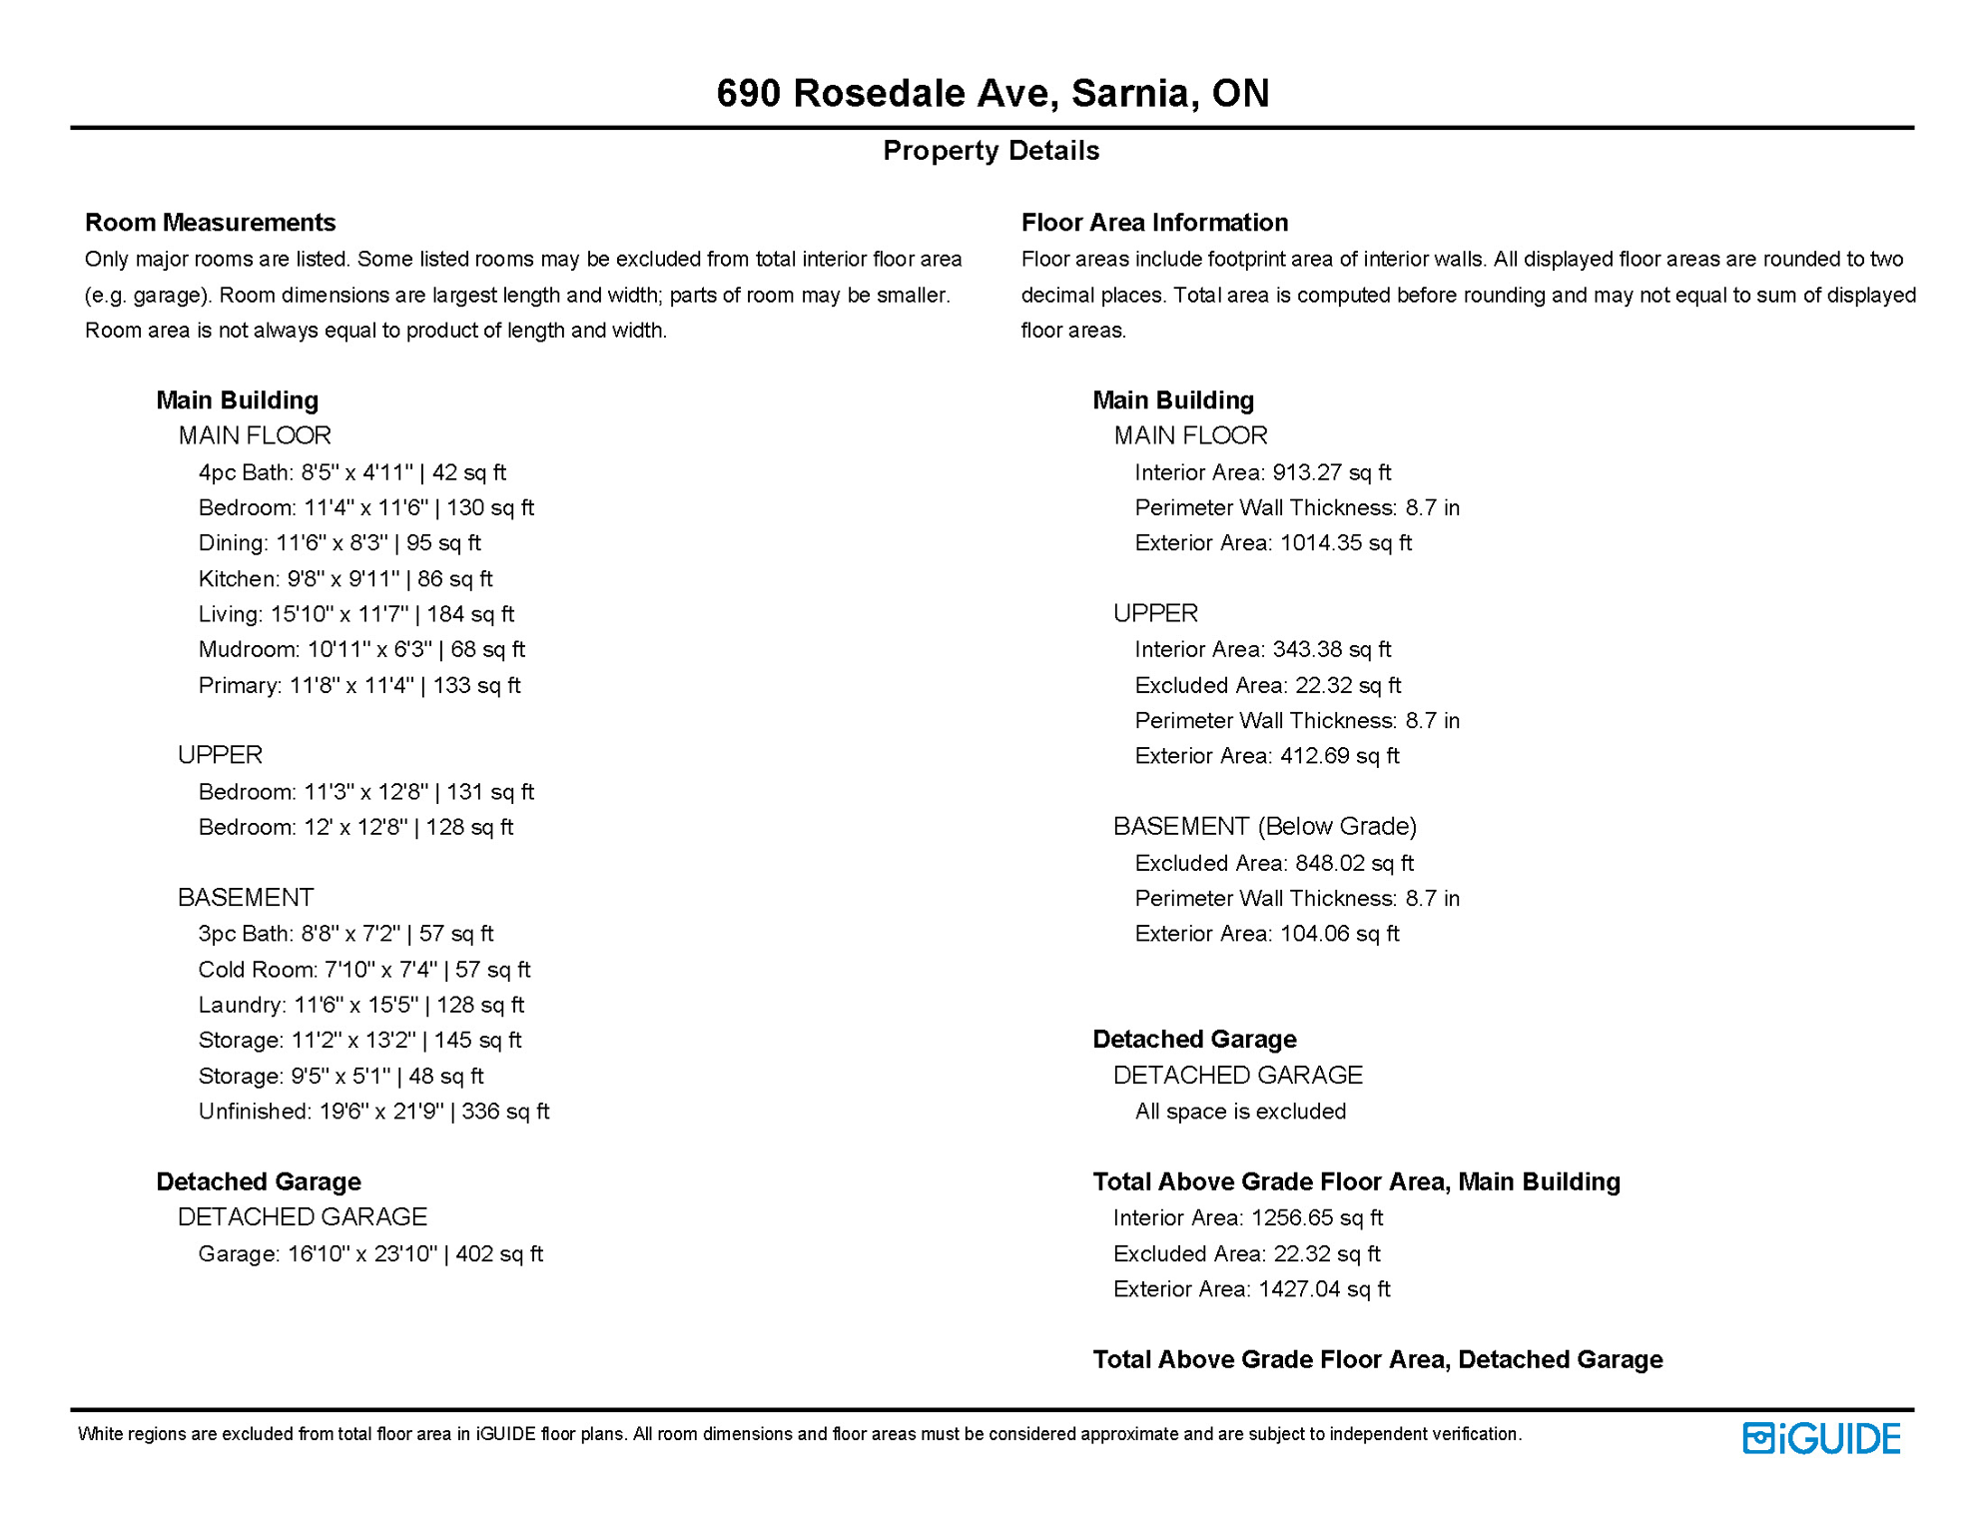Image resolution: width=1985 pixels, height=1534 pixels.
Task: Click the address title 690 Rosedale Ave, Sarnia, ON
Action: click(x=992, y=93)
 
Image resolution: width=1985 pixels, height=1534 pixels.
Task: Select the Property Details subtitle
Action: click(x=991, y=151)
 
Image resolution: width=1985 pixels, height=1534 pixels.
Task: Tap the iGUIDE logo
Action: click(x=1821, y=1438)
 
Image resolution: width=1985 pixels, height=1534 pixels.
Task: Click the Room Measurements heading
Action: click(x=210, y=222)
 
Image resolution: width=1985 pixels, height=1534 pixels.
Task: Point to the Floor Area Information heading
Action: click(x=1154, y=222)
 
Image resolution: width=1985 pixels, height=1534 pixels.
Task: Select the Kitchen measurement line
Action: click(x=345, y=578)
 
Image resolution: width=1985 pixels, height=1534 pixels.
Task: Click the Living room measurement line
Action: click(x=356, y=614)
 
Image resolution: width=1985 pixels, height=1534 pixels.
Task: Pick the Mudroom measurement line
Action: click(x=361, y=649)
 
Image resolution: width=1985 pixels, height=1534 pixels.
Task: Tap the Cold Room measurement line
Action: click(x=364, y=970)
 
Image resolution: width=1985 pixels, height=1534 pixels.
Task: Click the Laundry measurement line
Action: click(x=361, y=1005)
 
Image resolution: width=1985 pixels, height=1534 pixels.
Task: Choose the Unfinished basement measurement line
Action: click(x=373, y=1112)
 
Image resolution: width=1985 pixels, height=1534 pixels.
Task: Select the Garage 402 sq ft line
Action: click(x=370, y=1253)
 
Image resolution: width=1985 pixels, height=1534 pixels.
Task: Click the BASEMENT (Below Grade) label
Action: click(x=1265, y=826)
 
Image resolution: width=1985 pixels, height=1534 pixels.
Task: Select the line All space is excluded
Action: click(x=1240, y=1112)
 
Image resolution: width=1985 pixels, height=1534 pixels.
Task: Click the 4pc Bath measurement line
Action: click(x=351, y=472)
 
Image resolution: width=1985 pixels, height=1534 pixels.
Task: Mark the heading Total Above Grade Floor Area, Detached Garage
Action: click(x=1377, y=1359)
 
